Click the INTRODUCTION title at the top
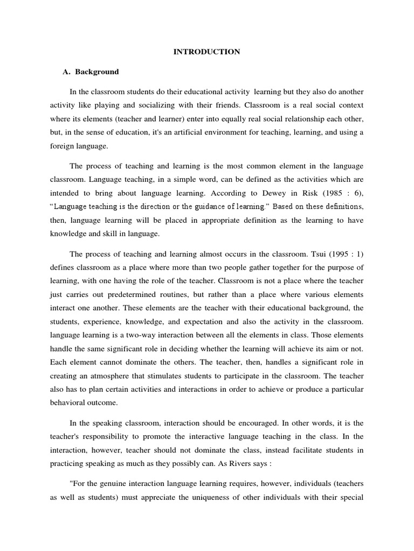pos(206,52)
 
